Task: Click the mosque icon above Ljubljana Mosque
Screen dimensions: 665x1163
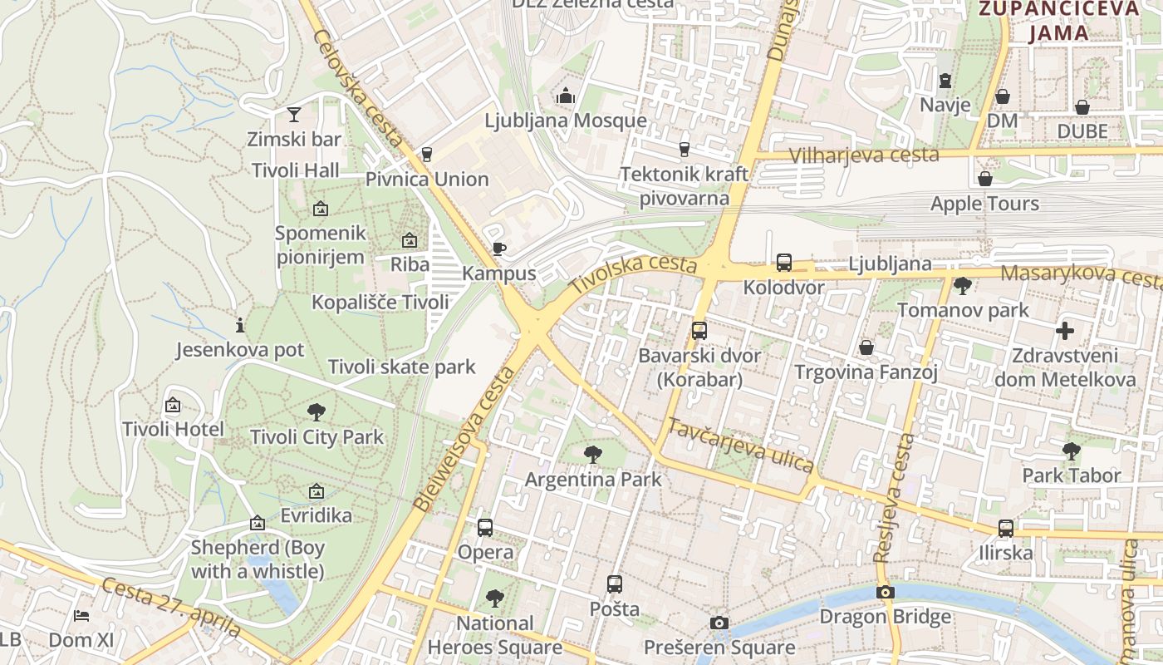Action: pyautogui.click(x=566, y=96)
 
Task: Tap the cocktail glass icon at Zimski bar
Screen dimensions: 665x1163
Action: pyautogui.click(x=293, y=114)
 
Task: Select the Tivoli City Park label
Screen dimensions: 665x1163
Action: pyautogui.click(x=317, y=437)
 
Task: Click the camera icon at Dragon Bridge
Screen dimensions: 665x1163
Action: pyautogui.click(x=886, y=592)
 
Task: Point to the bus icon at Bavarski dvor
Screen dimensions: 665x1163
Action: pyautogui.click(x=699, y=331)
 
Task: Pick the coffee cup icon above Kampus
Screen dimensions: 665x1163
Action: pyautogui.click(x=498, y=249)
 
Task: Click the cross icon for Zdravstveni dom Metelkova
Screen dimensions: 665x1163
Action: pyautogui.click(x=1064, y=331)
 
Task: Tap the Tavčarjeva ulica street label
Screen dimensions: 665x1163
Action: pyautogui.click(x=741, y=446)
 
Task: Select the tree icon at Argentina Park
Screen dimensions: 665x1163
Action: pyautogui.click(x=592, y=455)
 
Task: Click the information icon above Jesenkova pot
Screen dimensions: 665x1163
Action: pyautogui.click(x=240, y=325)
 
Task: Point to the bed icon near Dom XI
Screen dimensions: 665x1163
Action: pyautogui.click(x=81, y=615)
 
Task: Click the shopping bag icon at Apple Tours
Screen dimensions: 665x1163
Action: pyautogui.click(x=984, y=179)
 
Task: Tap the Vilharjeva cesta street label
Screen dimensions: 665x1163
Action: pyautogui.click(x=864, y=155)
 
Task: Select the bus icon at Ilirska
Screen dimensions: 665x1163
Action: pyautogui.click(x=1005, y=528)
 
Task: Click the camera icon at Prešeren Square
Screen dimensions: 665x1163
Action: pyautogui.click(x=719, y=623)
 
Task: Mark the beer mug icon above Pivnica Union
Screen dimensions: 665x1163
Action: pyautogui.click(x=427, y=155)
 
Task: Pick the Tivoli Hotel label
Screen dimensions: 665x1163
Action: pyautogui.click(x=173, y=429)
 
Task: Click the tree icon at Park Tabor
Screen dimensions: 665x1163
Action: pyautogui.click(x=1071, y=451)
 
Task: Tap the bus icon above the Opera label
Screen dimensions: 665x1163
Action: pyautogui.click(x=485, y=528)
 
